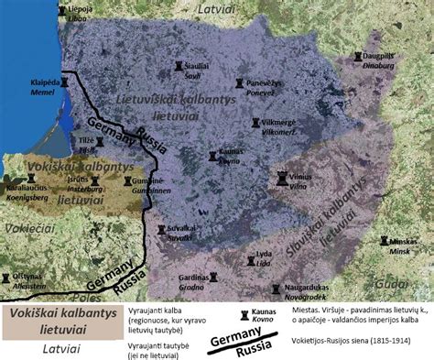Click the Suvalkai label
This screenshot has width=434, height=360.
coord(182,234)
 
